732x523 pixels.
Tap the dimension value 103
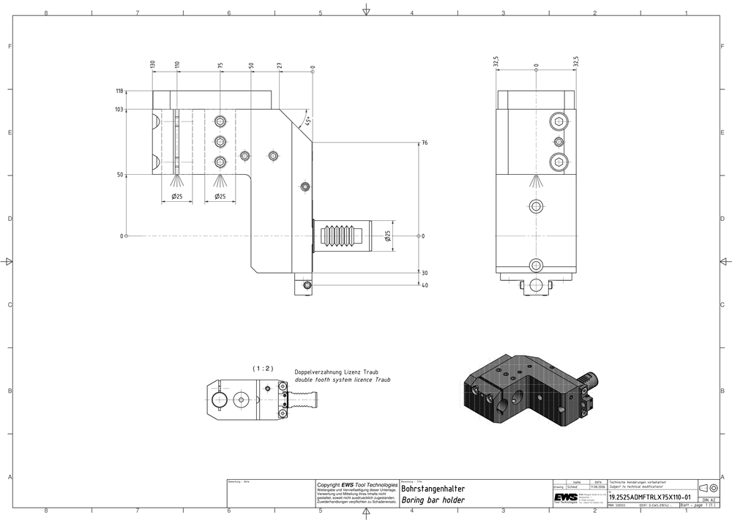pos(119,109)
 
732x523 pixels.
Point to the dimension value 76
pos(425,143)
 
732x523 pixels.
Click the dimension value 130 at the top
pos(153,64)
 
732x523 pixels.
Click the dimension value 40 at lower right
pos(425,285)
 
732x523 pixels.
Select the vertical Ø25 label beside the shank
pos(387,236)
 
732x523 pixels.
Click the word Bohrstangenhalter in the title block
pos(433,489)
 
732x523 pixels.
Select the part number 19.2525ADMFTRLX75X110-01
pos(649,497)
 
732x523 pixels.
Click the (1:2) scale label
pos(262,369)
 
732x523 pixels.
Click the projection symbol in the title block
pos(709,488)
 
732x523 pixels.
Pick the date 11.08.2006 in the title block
pos(598,486)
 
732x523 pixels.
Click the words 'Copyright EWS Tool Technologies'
pos(356,484)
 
